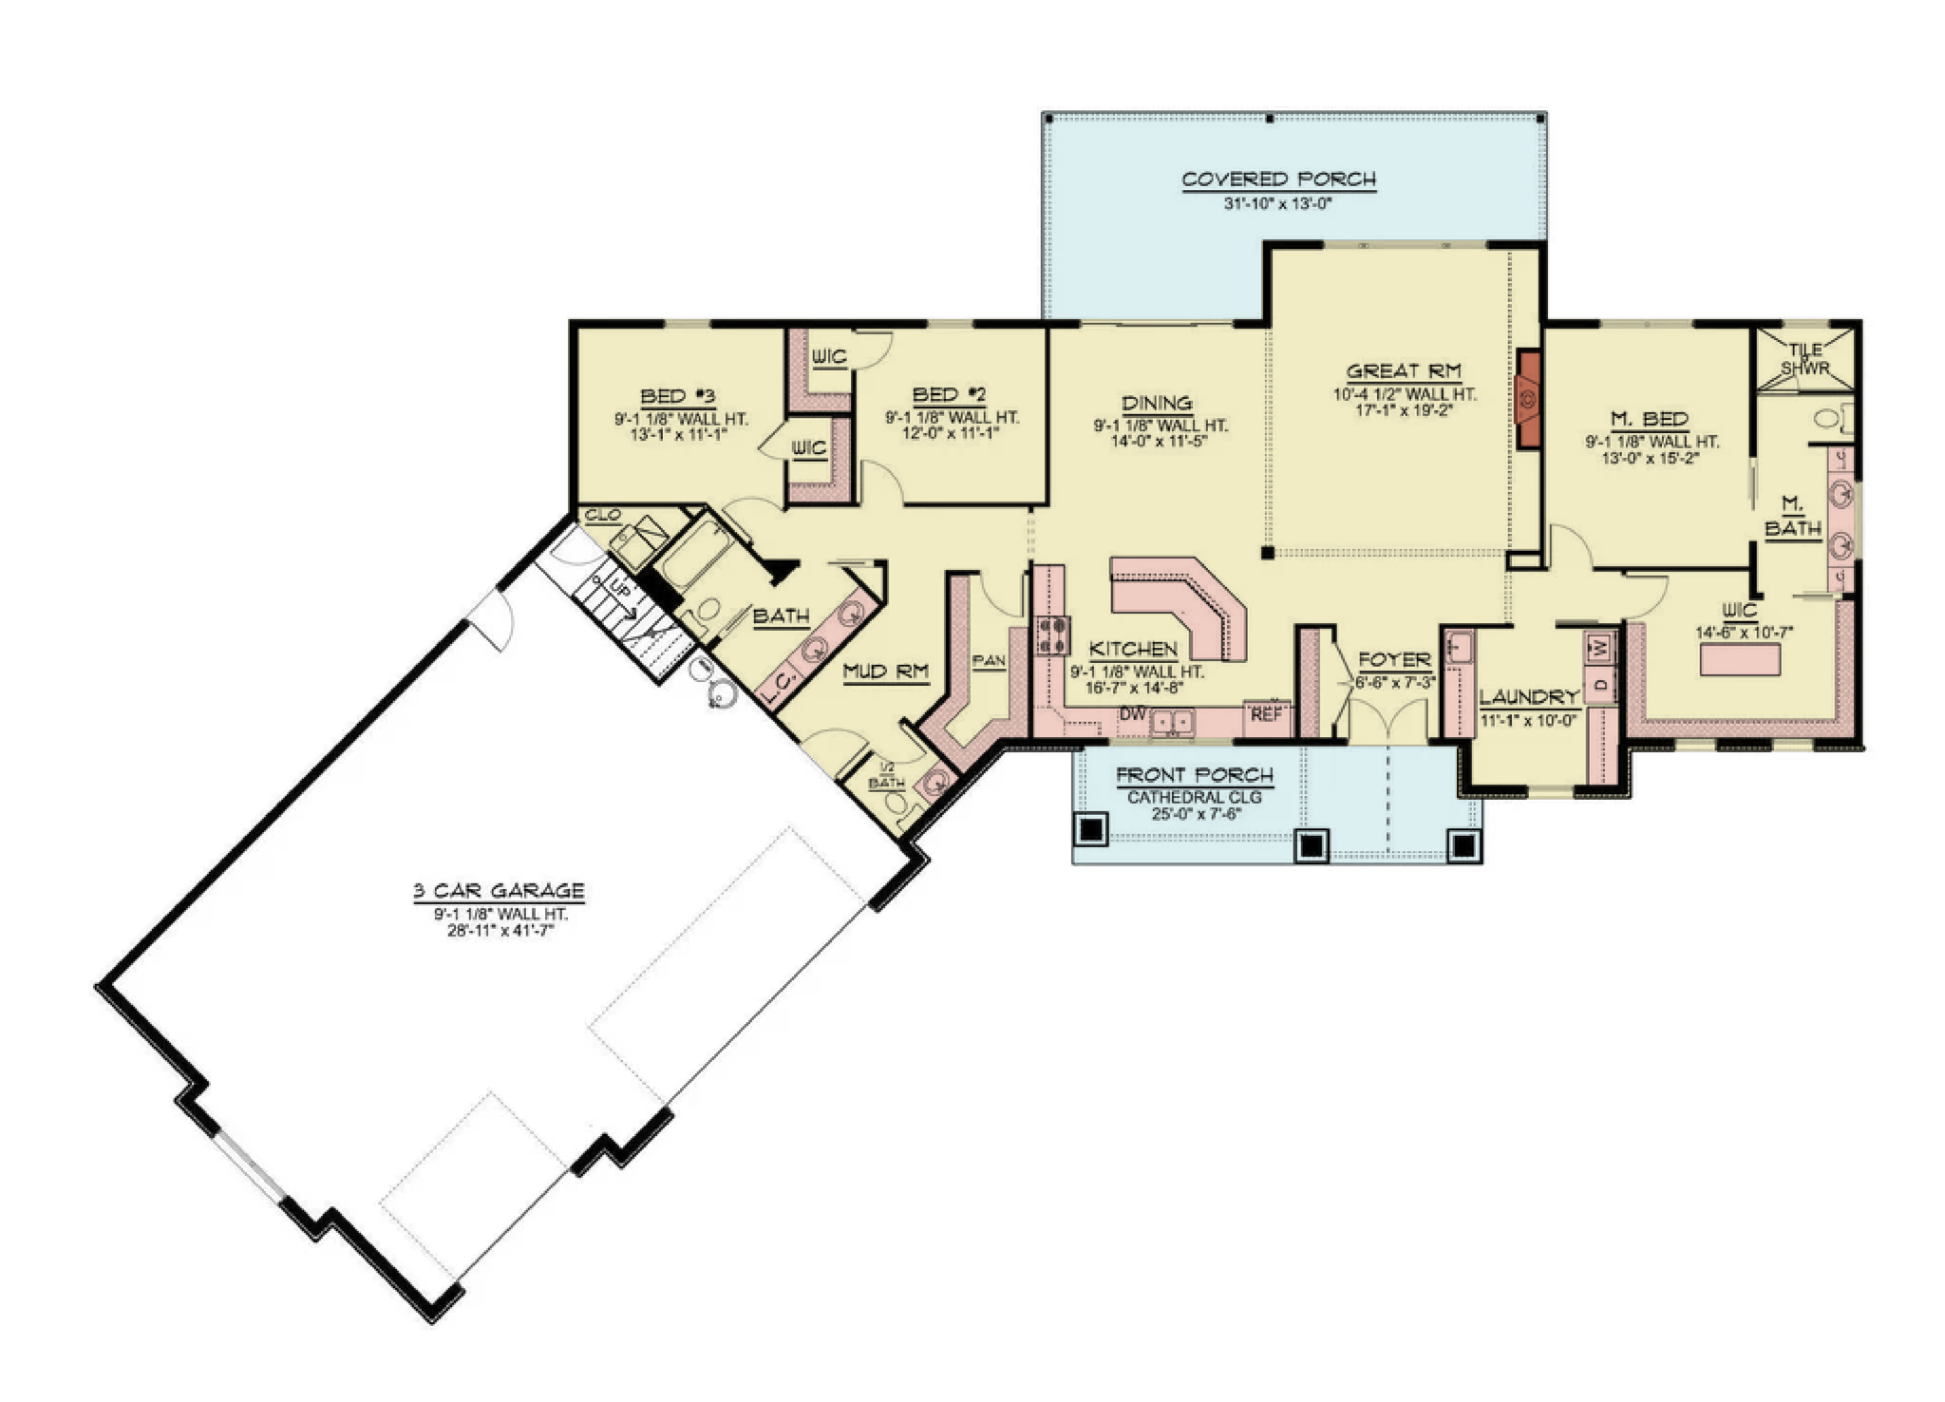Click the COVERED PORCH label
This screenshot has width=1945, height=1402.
[x=1278, y=180]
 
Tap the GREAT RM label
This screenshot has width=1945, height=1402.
[x=1404, y=371]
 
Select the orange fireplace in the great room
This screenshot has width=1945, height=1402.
[x=1528, y=399]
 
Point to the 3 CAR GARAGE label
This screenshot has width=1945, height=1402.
[x=499, y=891]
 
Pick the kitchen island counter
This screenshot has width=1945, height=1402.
[x=1181, y=606]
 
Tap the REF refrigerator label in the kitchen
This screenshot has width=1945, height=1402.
[x=1266, y=713]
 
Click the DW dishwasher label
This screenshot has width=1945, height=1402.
[x=1131, y=713]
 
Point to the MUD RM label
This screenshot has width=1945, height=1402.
[x=886, y=672]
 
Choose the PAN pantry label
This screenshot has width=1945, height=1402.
[x=989, y=661]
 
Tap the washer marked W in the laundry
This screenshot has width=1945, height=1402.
[x=1600, y=648]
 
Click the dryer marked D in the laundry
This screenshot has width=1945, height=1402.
[x=1600, y=685]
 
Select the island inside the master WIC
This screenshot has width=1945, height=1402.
[x=1740, y=659]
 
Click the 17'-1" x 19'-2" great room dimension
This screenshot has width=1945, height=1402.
[x=1403, y=410]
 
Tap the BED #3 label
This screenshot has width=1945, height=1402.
[x=678, y=396]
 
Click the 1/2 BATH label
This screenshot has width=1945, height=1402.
[x=886, y=775]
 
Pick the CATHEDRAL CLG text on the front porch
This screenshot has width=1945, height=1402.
[x=1195, y=797]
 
